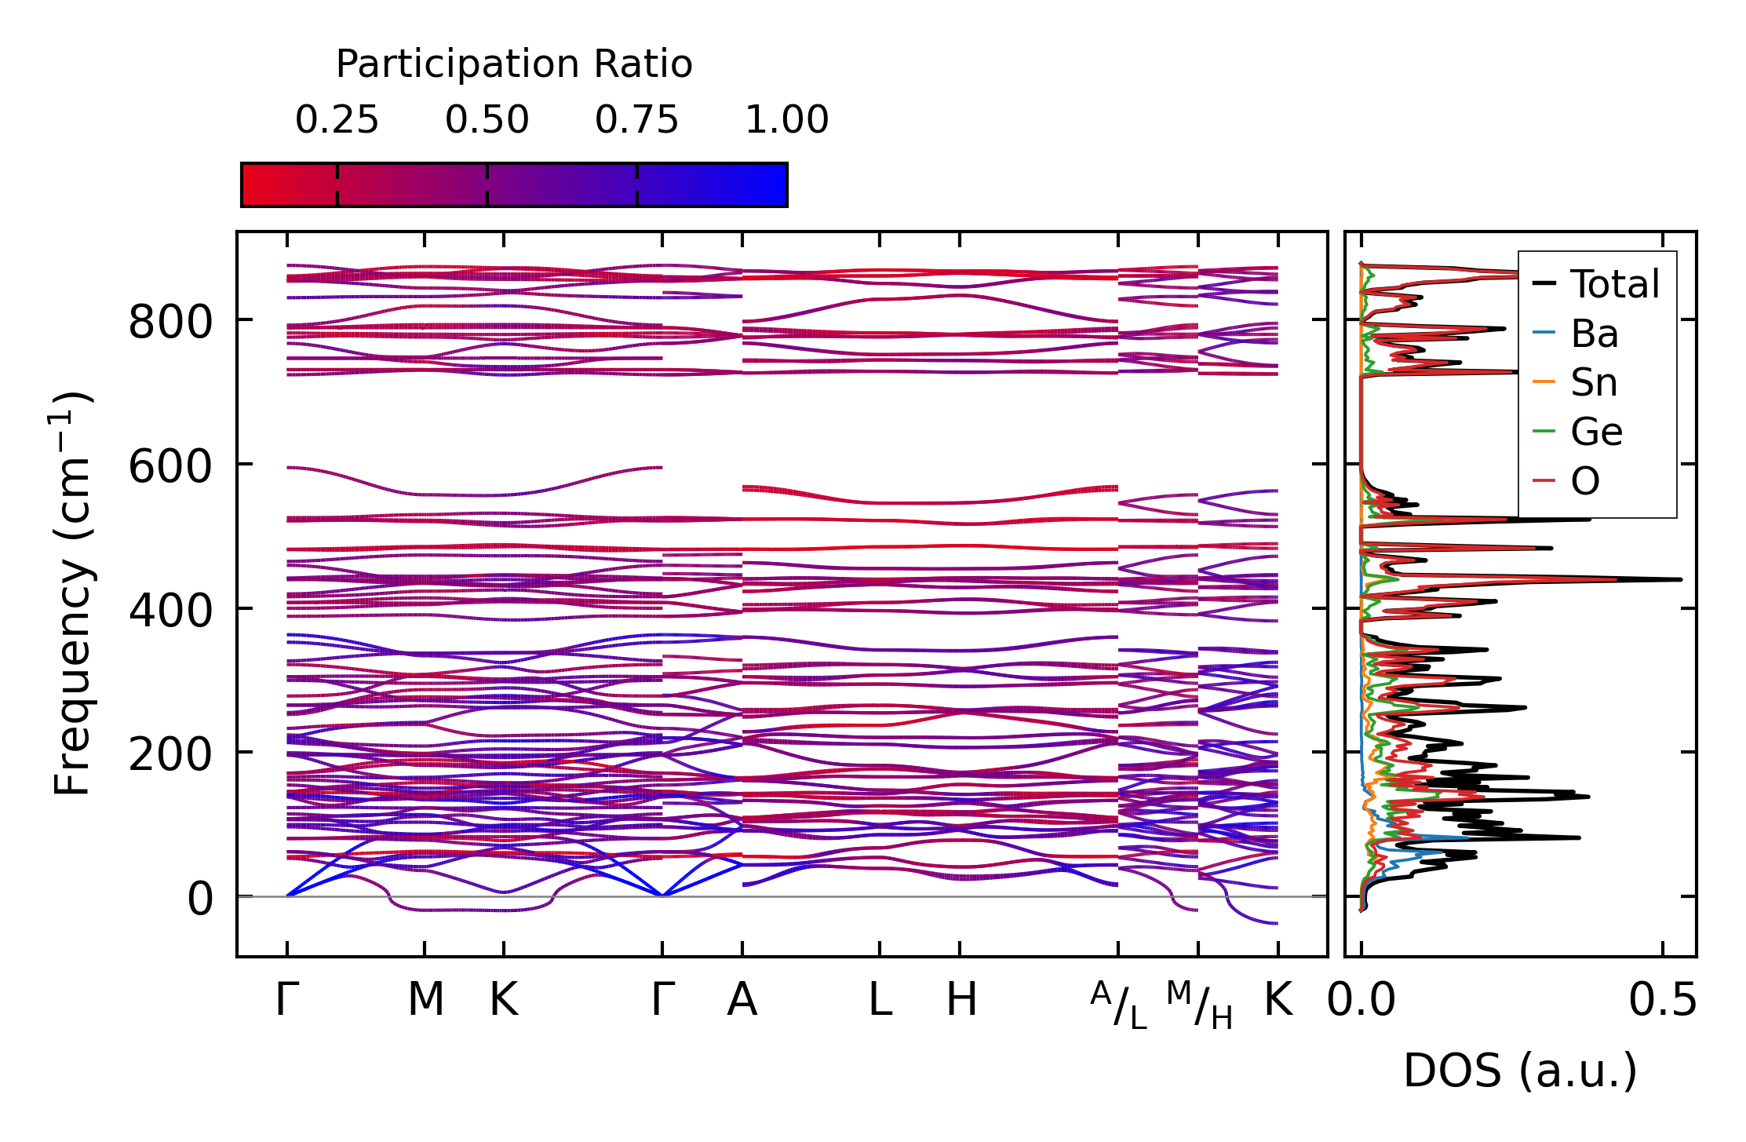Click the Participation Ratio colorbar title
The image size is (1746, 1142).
point(514,64)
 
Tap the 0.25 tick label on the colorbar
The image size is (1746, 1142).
point(337,120)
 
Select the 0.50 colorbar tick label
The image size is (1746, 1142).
point(487,120)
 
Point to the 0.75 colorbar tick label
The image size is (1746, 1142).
point(636,120)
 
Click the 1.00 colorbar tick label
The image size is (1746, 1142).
point(786,120)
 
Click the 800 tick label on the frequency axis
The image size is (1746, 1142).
point(170,322)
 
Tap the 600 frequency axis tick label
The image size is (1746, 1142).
point(170,466)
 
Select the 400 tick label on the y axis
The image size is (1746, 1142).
point(170,611)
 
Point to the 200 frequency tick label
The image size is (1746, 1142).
point(170,754)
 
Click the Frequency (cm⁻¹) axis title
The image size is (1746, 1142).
point(72,593)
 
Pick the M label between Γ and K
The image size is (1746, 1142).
point(425,1000)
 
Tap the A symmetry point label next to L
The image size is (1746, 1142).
point(742,1000)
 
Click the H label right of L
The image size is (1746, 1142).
point(961,1000)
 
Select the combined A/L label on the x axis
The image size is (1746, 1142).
point(1118,1005)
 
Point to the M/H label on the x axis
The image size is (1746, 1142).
point(1199,1005)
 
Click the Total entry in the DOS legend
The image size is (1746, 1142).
point(1614,284)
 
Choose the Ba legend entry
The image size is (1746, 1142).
point(1594,334)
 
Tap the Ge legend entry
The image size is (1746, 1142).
point(1596,432)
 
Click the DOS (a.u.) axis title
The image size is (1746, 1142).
point(1520,1071)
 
